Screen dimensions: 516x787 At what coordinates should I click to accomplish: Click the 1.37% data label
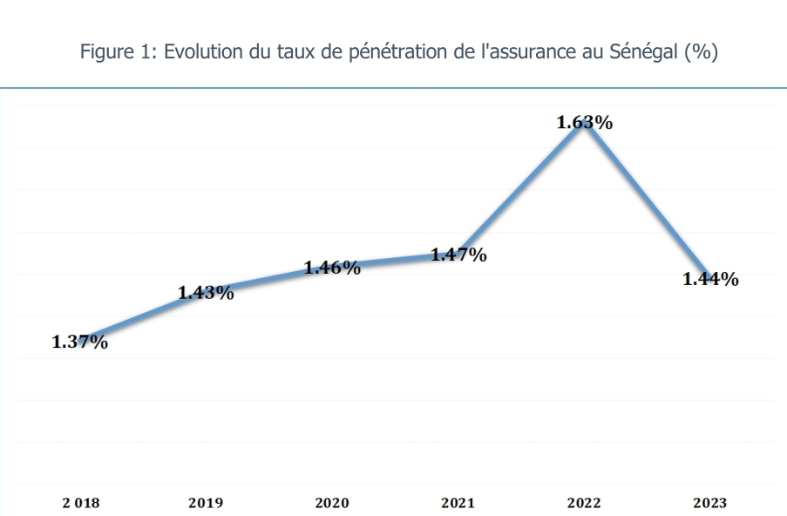(x=80, y=343)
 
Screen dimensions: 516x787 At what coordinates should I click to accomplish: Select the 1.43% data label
(x=206, y=294)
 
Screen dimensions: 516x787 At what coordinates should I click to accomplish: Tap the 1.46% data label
(x=332, y=268)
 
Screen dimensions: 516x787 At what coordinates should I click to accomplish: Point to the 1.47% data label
(x=458, y=255)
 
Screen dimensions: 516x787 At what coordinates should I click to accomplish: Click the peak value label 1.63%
(x=584, y=123)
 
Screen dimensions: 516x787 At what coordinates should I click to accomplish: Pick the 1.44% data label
(x=710, y=279)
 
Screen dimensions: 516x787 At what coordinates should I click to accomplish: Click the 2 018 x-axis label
(x=80, y=503)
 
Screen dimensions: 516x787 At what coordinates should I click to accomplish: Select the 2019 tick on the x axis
(x=206, y=503)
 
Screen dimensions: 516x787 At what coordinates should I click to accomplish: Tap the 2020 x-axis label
(x=332, y=503)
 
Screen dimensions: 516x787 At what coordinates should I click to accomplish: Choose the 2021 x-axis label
(x=458, y=503)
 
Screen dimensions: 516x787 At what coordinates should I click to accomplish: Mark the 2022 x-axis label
(x=584, y=503)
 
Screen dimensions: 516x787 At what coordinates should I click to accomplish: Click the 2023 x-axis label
(x=710, y=503)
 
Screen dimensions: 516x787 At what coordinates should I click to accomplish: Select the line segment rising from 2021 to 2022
(x=521, y=188)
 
